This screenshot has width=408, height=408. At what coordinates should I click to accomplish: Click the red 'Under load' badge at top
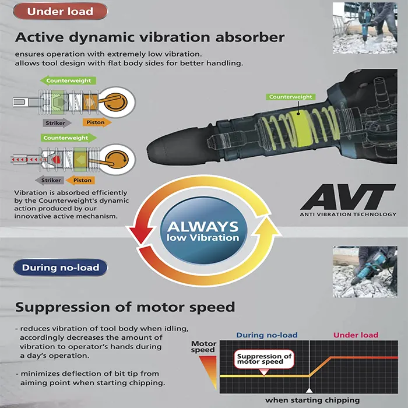[60, 12]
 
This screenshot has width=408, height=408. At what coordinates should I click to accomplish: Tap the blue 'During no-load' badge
[60, 268]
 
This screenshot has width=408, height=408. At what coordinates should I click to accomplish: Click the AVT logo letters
[348, 196]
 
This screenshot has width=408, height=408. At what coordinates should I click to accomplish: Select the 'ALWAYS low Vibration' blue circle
[203, 230]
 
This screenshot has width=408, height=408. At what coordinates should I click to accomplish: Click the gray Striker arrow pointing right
[57, 123]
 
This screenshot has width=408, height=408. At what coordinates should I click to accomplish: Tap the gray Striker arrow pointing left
[50, 180]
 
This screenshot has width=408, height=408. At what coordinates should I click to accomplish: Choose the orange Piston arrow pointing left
[80, 180]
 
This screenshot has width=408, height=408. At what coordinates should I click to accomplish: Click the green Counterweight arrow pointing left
[68, 80]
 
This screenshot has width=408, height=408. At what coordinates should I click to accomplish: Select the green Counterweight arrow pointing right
[69, 138]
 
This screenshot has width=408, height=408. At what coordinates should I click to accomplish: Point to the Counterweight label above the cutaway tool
[291, 97]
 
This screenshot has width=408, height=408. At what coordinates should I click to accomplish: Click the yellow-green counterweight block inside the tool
[301, 126]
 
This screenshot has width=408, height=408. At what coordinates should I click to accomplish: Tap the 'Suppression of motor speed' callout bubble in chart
[264, 359]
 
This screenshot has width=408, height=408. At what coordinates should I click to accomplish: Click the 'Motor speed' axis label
[204, 347]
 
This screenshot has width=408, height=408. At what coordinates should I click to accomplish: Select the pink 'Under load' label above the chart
[356, 335]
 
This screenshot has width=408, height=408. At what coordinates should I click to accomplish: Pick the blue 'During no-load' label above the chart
[267, 335]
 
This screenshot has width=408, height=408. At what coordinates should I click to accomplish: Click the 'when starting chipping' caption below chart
[312, 400]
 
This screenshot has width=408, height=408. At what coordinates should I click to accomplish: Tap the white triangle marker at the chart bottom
[309, 391]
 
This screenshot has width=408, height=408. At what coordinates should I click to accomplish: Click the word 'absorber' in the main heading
[250, 37]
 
